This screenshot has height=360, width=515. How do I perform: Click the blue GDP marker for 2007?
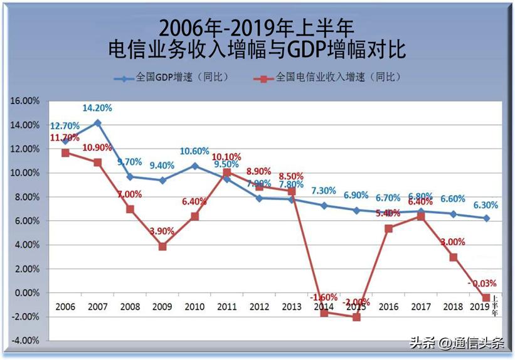click(x=97, y=123)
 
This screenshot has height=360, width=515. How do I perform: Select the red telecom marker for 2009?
click(x=162, y=246)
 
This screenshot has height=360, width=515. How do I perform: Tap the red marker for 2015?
click(x=356, y=317)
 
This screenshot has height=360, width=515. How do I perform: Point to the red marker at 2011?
click(x=227, y=172)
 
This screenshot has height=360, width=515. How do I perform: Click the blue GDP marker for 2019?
click(x=486, y=218)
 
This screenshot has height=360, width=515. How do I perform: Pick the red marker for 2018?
click(x=454, y=257)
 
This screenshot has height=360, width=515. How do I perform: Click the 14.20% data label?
click(x=97, y=108)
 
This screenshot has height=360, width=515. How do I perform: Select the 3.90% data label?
click(x=162, y=231)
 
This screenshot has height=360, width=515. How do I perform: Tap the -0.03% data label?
click(x=483, y=283)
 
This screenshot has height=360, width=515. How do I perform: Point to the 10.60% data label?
click(x=194, y=151)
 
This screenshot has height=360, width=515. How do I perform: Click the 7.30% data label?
click(x=324, y=191)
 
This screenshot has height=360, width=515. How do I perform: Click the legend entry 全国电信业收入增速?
click(x=329, y=77)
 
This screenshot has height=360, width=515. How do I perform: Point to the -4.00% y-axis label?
click(x=25, y=341)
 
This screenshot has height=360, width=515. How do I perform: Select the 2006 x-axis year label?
click(x=65, y=307)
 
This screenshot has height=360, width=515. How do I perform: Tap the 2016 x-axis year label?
click(x=389, y=307)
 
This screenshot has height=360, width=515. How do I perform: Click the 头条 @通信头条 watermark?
click(x=457, y=343)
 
